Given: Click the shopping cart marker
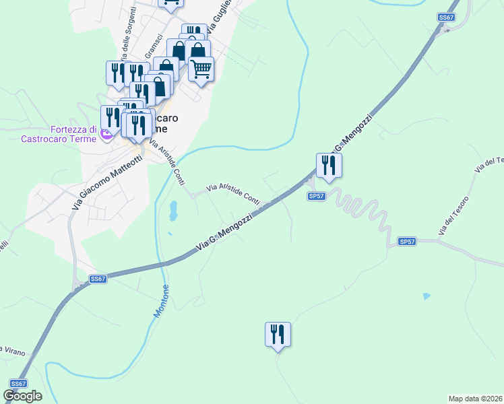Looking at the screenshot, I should coord(201,69).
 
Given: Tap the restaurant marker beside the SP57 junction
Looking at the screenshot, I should coord(329,166).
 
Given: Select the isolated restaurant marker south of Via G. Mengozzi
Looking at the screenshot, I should coord(278,335).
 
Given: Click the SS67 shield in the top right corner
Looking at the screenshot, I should coord(445,18).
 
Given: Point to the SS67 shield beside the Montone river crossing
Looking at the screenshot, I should coord(98,279).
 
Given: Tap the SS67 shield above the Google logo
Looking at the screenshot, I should coord(18,383).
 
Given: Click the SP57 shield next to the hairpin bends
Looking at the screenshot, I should coord(317,196).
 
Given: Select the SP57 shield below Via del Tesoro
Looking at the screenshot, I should coord(407,241).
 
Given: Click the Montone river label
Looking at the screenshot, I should coord(162,302).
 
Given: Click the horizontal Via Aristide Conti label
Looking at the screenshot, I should coord(232,193).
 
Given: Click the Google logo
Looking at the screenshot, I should coord(22,396).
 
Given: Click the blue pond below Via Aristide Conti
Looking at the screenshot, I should coord(174,211).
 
